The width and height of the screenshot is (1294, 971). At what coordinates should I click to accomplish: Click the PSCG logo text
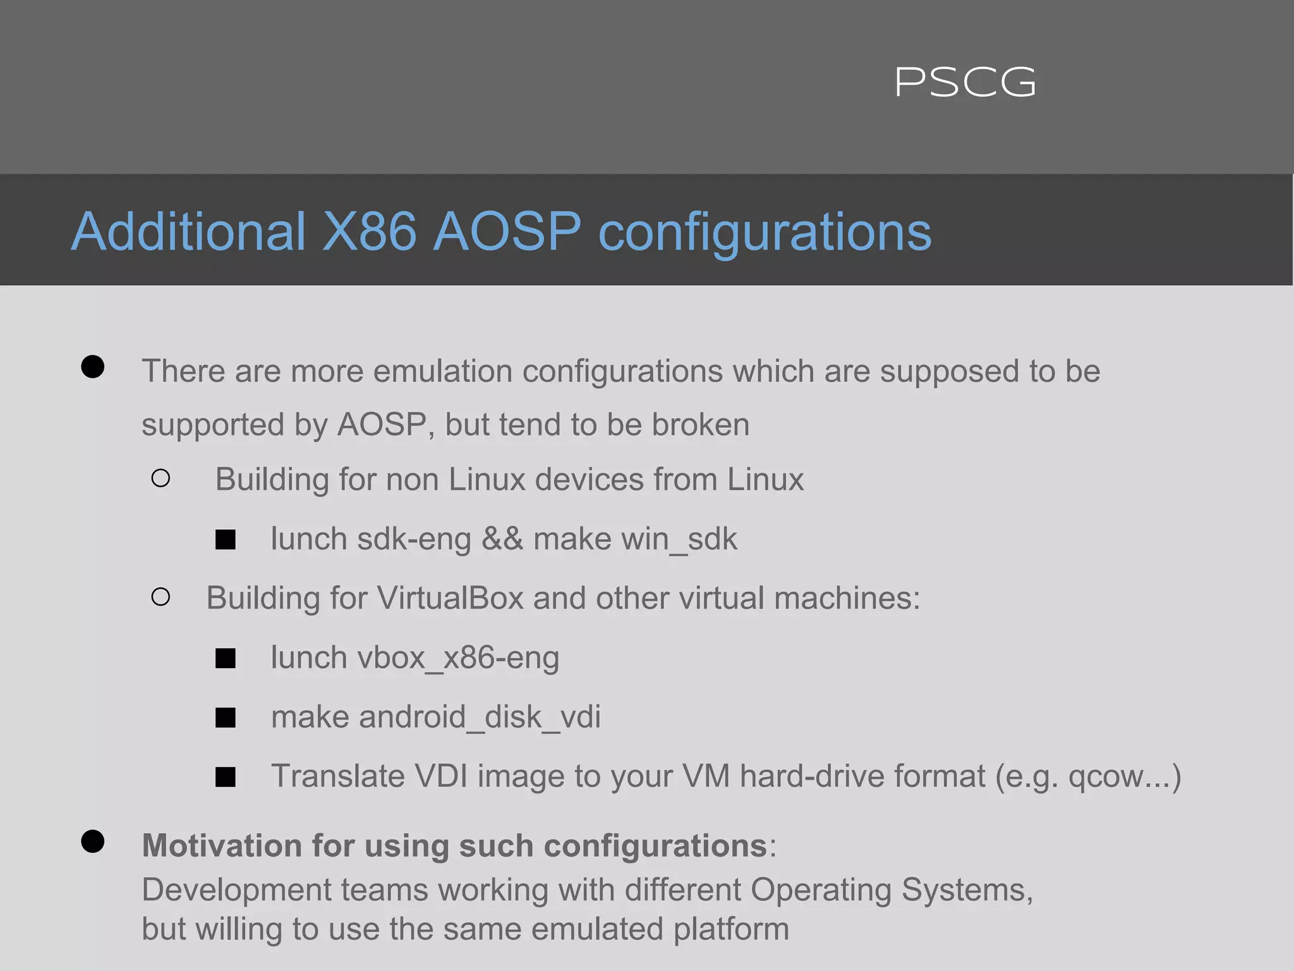[965, 83]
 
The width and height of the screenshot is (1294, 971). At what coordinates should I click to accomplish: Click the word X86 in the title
[370, 231]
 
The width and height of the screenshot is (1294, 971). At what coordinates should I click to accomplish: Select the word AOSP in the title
[507, 231]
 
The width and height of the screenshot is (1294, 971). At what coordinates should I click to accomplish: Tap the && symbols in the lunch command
[502, 539]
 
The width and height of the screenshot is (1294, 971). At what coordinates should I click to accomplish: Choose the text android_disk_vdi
[480, 718]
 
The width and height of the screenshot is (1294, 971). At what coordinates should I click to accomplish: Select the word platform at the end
[731, 930]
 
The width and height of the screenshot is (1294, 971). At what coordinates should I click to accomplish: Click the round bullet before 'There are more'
[93, 367]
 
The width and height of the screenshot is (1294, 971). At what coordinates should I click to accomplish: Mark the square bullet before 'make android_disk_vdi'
[225, 718]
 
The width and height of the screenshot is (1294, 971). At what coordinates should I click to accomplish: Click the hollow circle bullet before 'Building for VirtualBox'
[160, 597]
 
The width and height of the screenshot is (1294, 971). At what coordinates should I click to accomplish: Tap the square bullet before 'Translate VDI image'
[225, 777]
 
